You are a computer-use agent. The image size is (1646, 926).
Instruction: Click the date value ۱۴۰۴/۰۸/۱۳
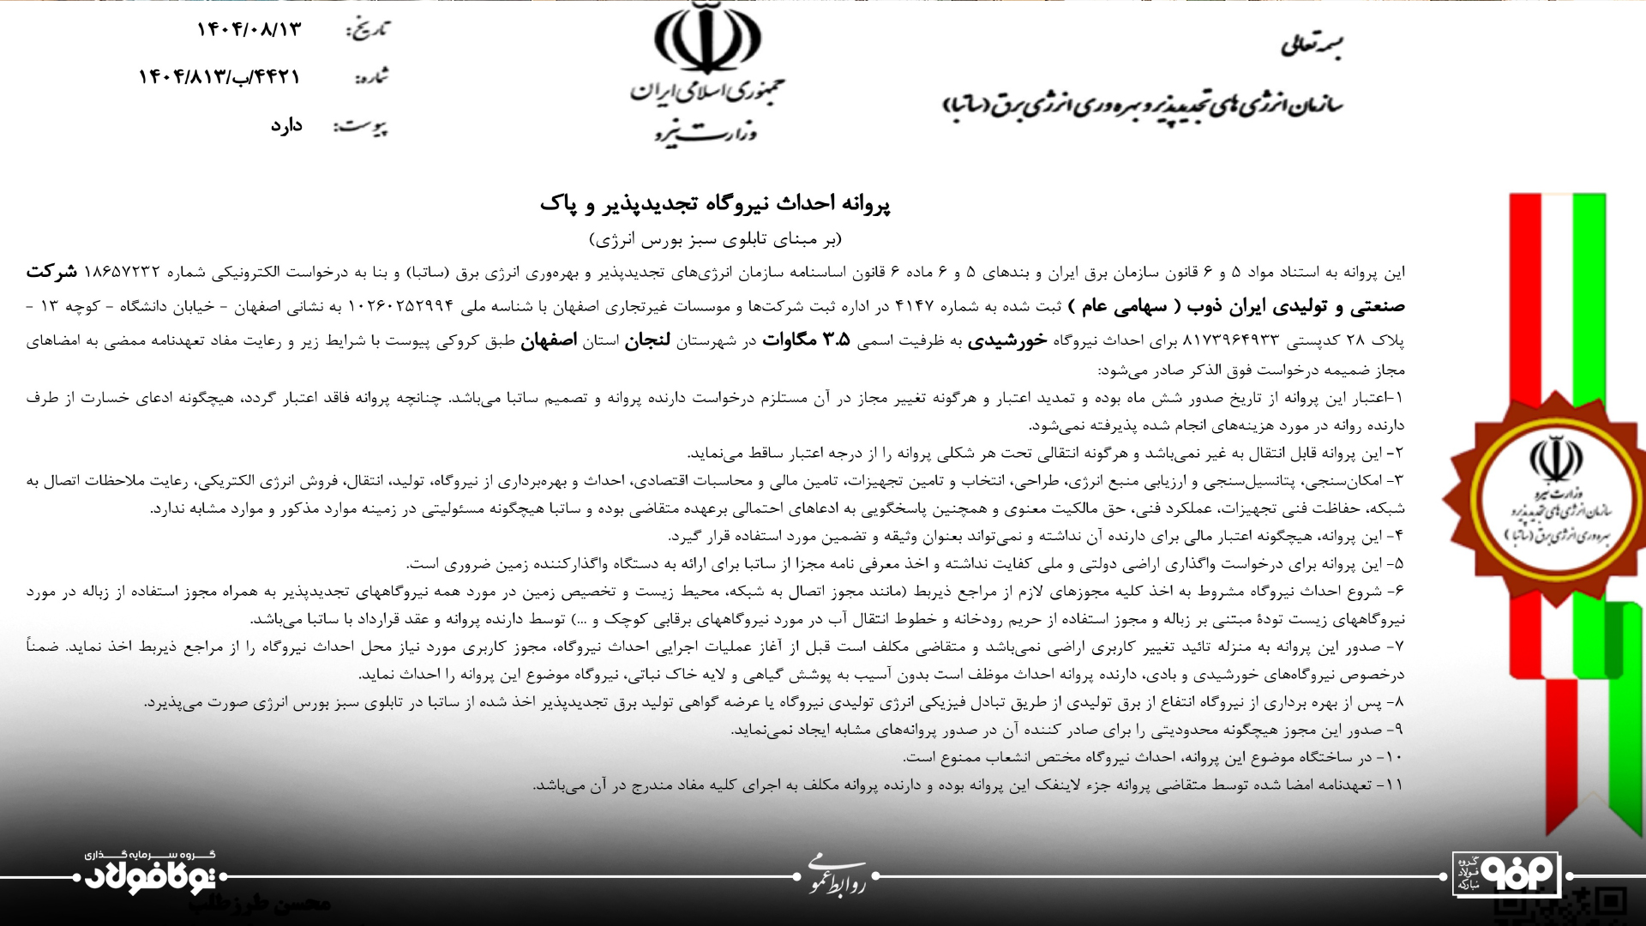249,29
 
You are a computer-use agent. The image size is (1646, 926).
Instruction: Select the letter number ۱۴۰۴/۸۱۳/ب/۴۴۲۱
219,77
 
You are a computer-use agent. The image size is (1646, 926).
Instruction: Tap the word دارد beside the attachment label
286,125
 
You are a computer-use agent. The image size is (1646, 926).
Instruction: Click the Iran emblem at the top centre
706,38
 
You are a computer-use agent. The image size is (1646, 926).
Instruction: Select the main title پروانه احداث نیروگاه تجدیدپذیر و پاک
715,204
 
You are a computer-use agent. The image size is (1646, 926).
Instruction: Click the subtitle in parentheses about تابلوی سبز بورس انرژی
715,238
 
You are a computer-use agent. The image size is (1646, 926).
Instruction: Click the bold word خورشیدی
1006,340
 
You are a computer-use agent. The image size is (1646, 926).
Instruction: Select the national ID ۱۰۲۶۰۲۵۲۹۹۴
399,306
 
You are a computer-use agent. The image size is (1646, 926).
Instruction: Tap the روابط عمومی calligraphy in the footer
836,876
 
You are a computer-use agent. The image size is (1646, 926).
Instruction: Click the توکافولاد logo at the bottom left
154,875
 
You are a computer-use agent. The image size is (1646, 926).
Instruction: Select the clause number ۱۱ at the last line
1394,785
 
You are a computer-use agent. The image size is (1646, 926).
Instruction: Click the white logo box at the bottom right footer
1505,875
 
